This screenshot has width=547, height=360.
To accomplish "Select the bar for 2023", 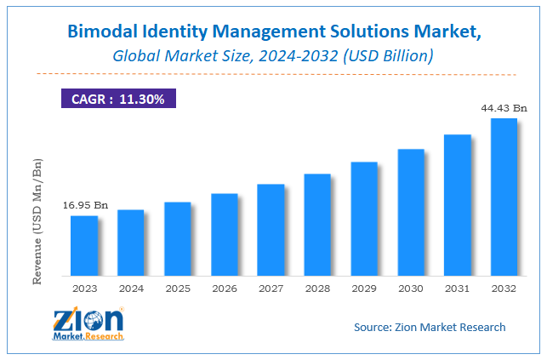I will click(x=84, y=246).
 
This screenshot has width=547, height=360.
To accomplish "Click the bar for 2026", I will click(x=225, y=235).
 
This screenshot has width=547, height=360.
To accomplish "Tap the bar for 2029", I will click(x=364, y=219).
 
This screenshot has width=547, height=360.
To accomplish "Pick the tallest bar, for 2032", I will click(x=504, y=197).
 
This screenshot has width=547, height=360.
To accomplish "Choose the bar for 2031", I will click(x=458, y=205).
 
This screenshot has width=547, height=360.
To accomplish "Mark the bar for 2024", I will click(x=131, y=243).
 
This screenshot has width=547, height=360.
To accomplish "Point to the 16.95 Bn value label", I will click(x=85, y=205).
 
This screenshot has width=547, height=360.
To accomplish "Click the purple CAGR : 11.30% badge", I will click(x=118, y=98).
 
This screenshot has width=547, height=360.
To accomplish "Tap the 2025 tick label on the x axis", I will click(x=178, y=288).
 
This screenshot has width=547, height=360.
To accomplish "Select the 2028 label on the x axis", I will click(x=317, y=288).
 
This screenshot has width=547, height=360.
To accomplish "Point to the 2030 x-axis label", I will click(x=411, y=288).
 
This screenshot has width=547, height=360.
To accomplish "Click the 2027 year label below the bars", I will click(x=271, y=288).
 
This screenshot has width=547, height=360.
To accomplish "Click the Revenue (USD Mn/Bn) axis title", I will click(x=37, y=221).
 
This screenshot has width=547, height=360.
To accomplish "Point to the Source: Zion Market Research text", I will click(x=429, y=327).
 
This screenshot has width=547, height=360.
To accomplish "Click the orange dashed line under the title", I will click(x=272, y=73).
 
